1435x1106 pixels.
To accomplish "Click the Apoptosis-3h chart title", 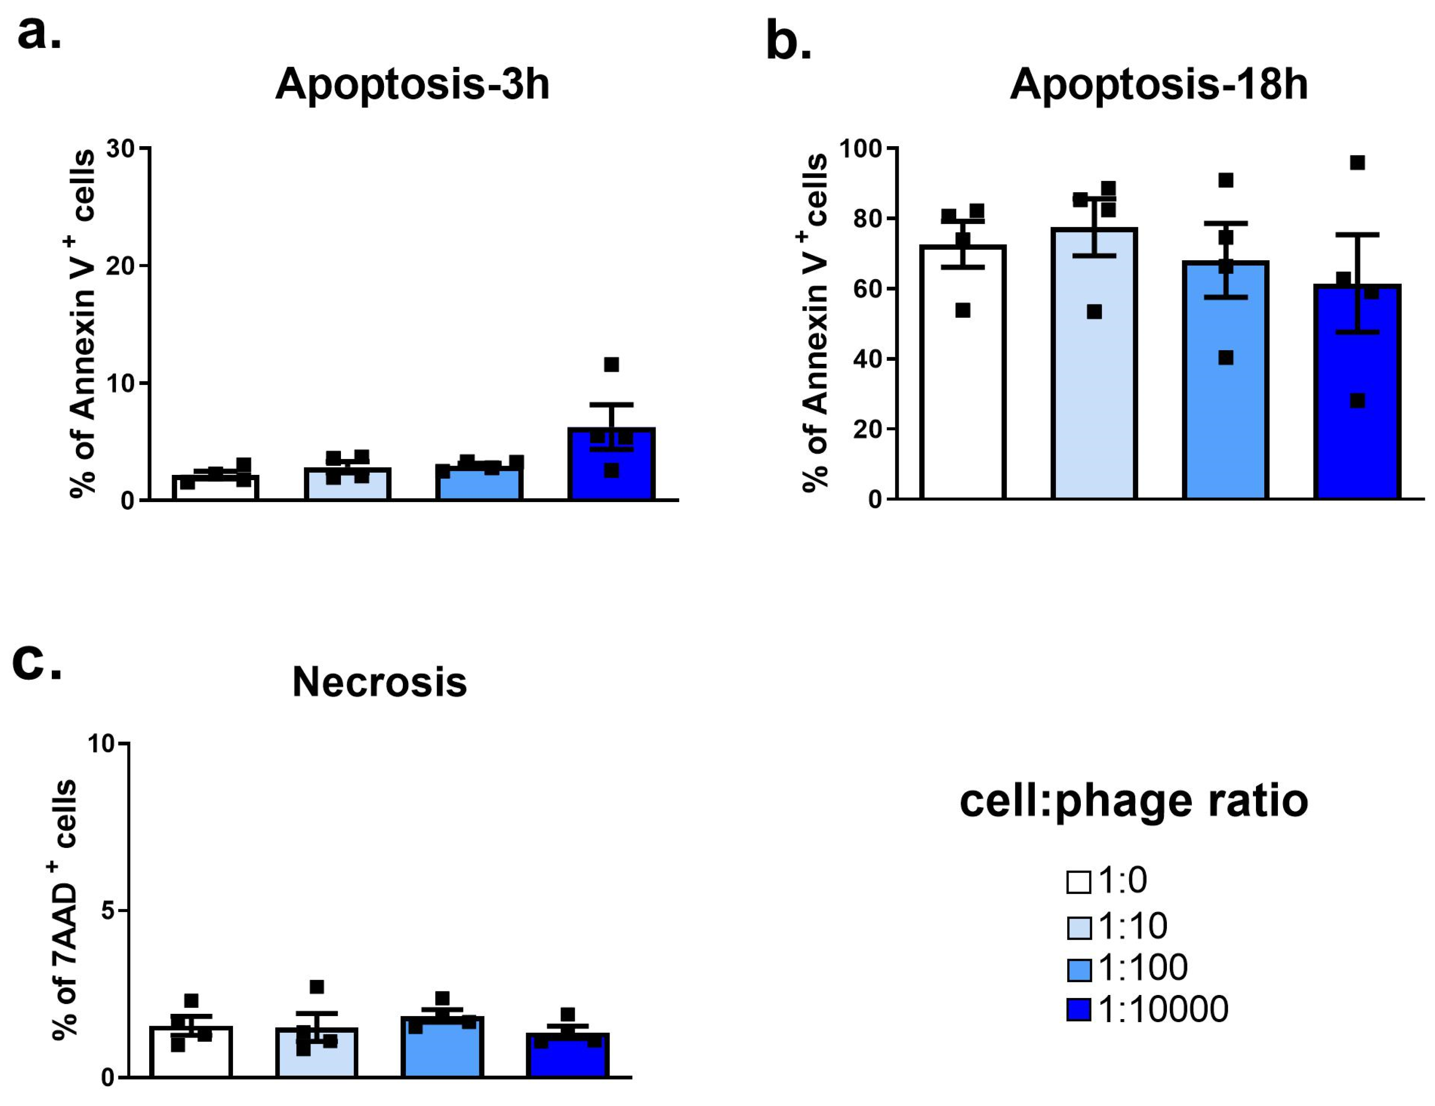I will [412, 84].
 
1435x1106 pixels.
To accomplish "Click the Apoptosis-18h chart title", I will [1159, 84].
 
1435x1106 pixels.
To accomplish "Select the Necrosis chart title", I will [379, 682].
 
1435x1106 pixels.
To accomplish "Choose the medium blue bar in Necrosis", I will [442, 1048].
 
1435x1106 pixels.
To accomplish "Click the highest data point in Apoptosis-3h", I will [611, 365].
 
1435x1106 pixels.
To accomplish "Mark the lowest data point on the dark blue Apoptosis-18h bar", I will [1357, 401].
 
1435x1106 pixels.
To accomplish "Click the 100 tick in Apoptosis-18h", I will [860, 148].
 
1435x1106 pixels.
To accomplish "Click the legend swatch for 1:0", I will [1078, 882].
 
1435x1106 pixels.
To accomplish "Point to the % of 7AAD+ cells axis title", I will [65, 910].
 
